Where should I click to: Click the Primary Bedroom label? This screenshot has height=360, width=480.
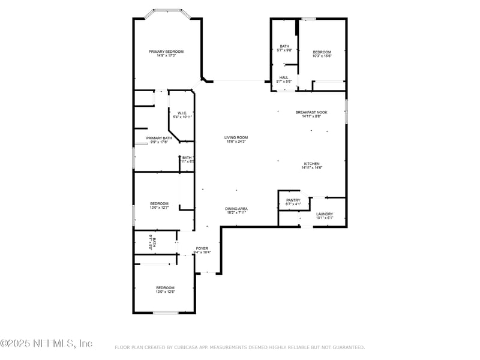pos(166,52)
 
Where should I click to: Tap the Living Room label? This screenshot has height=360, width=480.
pos(236,137)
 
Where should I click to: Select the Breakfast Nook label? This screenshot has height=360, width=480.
pos(311,112)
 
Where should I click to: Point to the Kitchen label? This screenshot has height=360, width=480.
pos(311,164)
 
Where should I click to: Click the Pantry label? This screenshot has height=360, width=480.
pos(293,200)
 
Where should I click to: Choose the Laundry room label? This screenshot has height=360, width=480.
pos(324,214)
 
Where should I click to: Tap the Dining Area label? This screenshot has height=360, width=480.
pos(237,209)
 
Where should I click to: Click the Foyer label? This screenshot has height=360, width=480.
pos(202,248)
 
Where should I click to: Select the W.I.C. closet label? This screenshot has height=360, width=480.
pos(182,113)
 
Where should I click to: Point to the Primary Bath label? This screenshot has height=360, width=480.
pos(159,138)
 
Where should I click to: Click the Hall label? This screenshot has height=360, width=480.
pos(284,77)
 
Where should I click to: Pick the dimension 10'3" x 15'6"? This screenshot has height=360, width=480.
pos(322,56)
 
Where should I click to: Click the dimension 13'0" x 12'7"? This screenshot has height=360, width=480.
pos(159,208)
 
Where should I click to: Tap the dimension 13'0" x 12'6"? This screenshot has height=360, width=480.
pos(165,292)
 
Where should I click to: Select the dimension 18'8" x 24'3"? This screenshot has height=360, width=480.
pos(236,142)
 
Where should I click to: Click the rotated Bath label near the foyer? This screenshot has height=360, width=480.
pos(154,243)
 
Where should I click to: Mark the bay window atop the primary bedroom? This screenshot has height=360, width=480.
pos(167,10)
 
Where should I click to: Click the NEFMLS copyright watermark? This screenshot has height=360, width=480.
pos(47,343)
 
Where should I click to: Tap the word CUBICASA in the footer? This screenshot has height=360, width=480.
pos(188,347)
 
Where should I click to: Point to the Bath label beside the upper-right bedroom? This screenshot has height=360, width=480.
pos(284,46)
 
